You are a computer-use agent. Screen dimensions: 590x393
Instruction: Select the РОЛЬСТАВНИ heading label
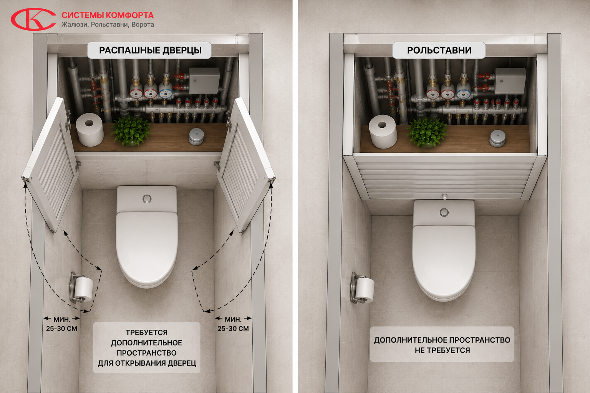click(x=439, y=50)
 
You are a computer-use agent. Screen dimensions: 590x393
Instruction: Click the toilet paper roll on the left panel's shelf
click(x=89, y=130)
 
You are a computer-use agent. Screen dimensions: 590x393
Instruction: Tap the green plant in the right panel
click(x=427, y=132)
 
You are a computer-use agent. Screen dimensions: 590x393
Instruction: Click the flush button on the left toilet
click(x=147, y=199)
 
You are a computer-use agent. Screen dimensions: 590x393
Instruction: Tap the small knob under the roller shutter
click(x=444, y=196)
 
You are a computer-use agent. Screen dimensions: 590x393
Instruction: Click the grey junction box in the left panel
click(x=204, y=81)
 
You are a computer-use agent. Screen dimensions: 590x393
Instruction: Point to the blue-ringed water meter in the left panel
click(x=166, y=93)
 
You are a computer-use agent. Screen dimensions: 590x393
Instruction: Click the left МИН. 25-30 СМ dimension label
click(x=61, y=324)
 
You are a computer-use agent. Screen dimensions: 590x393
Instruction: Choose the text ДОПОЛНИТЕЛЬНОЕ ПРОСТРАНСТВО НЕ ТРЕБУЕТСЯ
click(x=442, y=345)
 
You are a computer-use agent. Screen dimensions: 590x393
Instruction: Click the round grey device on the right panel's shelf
click(x=497, y=138)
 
